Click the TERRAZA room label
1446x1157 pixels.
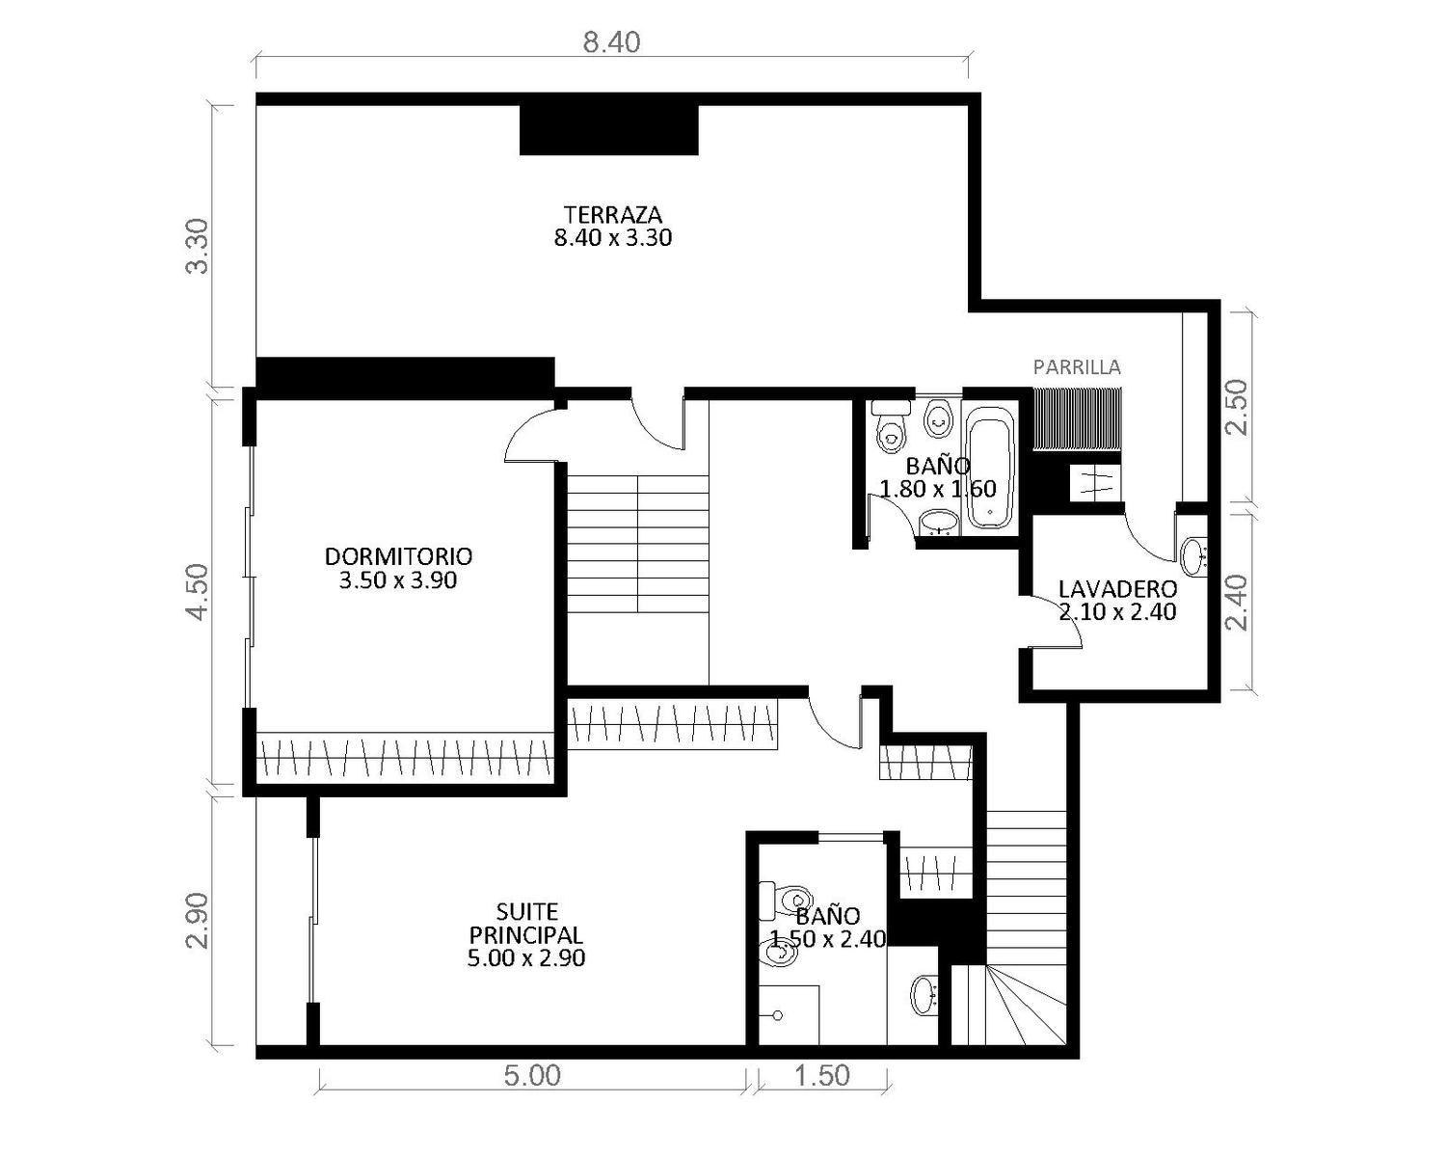click(613, 215)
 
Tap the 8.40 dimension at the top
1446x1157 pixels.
click(611, 43)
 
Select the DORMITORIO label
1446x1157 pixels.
click(398, 556)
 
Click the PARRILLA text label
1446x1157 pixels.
click(1077, 367)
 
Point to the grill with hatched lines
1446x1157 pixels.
click(1077, 418)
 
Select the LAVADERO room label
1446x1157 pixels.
click(1117, 589)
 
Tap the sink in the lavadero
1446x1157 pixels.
click(1193, 556)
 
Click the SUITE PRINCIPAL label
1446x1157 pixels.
click(526, 923)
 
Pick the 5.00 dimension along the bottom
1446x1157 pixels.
click(532, 1075)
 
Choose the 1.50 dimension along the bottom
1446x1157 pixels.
click(822, 1075)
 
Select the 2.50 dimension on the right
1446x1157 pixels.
click(1237, 408)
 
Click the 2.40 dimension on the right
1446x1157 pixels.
click(1237, 603)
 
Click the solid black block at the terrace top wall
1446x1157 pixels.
click(609, 130)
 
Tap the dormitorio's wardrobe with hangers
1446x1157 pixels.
click(405, 756)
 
